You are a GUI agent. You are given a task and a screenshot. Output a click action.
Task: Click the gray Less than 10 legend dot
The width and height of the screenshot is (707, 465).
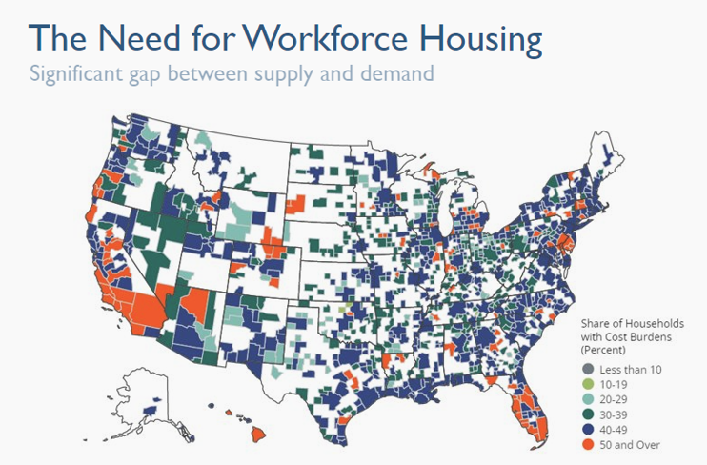(x=588, y=369)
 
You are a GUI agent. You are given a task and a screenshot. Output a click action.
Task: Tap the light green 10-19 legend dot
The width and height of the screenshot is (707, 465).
(x=588, y=384)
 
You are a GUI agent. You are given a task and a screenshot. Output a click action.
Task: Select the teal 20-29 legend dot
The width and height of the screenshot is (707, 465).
(x=588, y=399)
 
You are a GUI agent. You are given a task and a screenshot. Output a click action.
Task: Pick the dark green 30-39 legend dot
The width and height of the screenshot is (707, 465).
(x=588, y=414)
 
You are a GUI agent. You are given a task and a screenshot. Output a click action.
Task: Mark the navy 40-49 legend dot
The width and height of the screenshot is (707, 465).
(x=588, y=430)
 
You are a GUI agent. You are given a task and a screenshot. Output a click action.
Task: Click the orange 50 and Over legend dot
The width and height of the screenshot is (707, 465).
(x=588, y=445)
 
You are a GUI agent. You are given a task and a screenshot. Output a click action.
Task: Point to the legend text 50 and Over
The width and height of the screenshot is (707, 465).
(x=630, y=445)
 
